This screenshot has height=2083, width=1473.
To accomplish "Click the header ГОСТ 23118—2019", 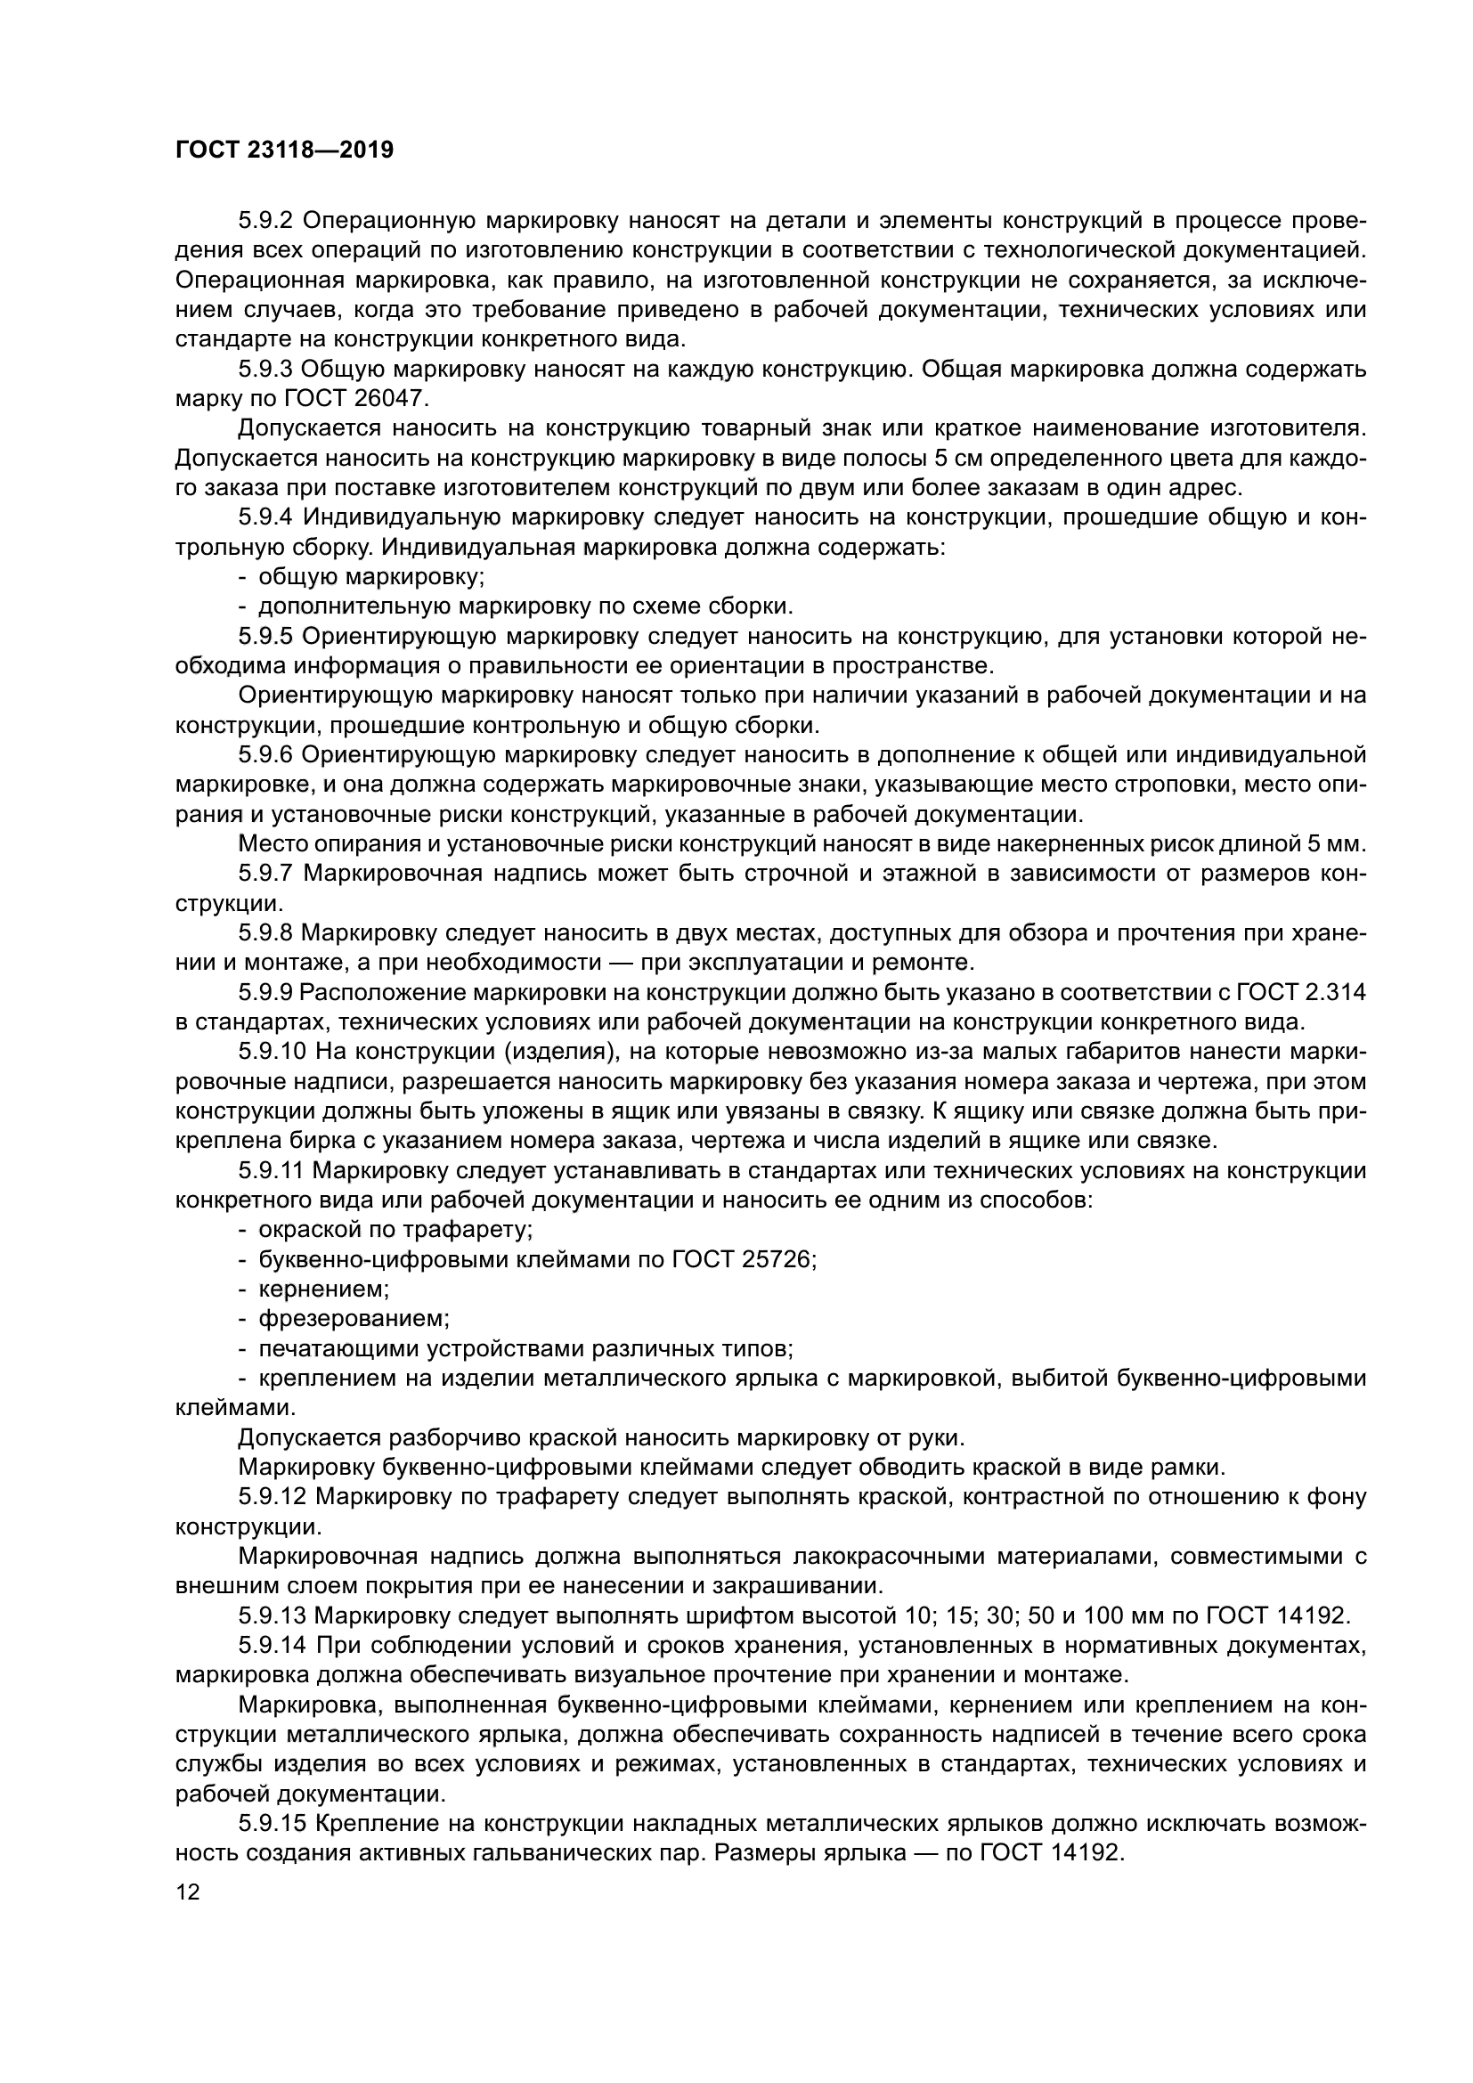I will click(x=284, y=150).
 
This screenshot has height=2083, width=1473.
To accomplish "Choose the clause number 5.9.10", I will click(x=272, y=1053).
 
